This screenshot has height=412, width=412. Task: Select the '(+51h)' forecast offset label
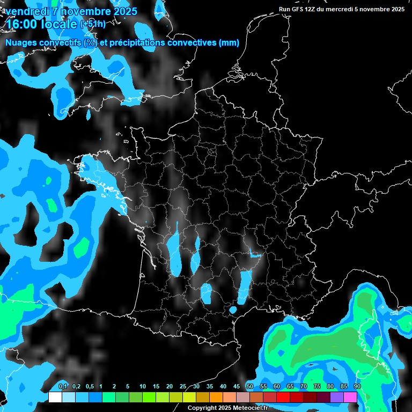[93, 24]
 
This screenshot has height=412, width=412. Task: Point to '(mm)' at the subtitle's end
[229, 43]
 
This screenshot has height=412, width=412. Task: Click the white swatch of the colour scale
[55, 397]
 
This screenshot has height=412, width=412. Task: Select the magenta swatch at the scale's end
[350, 397]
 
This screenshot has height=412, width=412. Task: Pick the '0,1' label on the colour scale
[63, 387]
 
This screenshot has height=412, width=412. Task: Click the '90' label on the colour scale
[357, 387]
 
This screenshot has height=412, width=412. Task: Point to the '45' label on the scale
[237, 387]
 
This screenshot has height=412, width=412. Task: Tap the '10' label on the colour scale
[143, 387]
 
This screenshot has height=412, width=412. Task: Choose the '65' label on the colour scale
[290, 387]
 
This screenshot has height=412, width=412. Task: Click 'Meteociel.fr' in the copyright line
[249, 408]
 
